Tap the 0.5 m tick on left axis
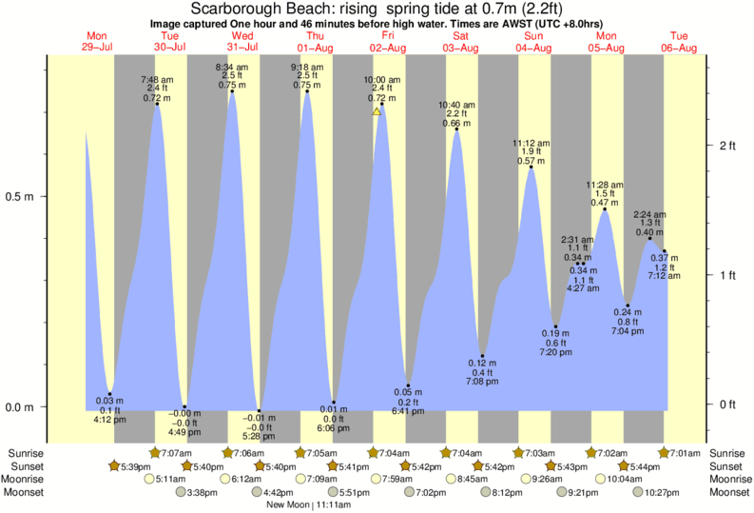(x=21, y=197)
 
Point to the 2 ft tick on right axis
(x=728, y=145)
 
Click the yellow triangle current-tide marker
(x=377, y=112)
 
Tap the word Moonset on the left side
(x=28, y=492)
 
